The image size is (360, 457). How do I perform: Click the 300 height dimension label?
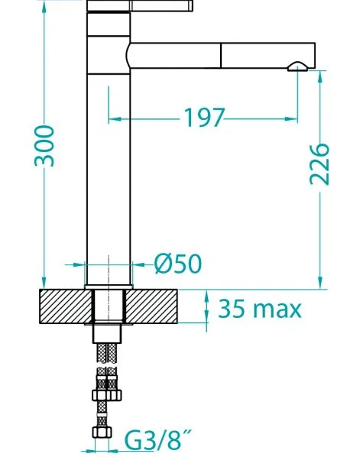click(x=44, y=146)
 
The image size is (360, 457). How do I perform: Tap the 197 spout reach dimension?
click(x=205, y=118)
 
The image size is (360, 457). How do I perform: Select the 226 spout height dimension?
click(x=319, y=164)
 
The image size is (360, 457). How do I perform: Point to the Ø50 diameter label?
click(x=178, y=264)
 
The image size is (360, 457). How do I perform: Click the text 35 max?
click(x=259, y=309)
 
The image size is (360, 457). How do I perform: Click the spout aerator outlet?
click(x=297, y=66)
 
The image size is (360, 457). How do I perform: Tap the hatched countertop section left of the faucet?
click(x=66, y=306)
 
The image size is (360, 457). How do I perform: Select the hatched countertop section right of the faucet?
click(x=151, y=306)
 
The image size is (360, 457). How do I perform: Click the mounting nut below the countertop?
click(x=107, y=333)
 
